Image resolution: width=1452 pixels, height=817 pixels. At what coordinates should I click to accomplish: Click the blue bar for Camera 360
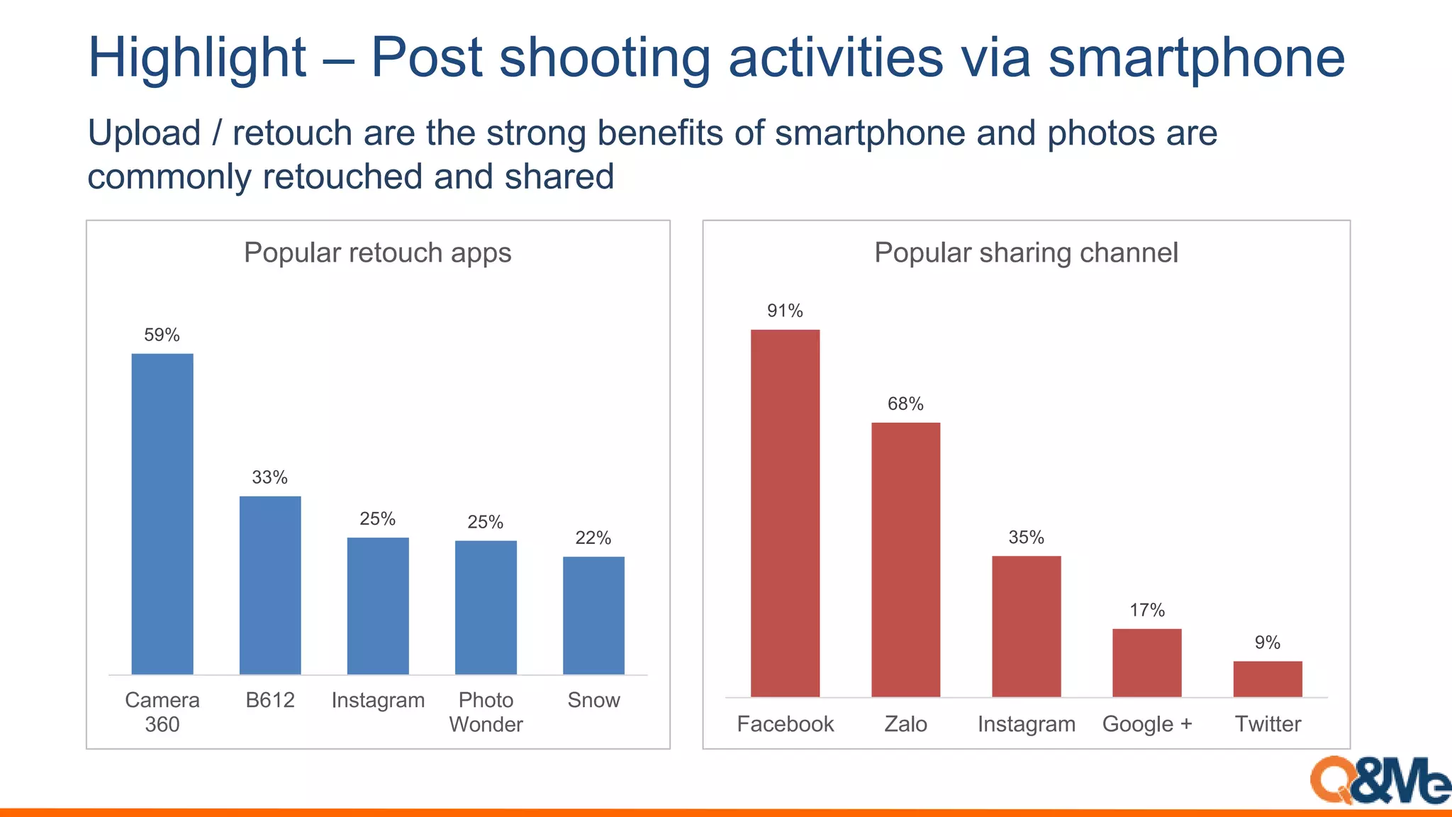162,513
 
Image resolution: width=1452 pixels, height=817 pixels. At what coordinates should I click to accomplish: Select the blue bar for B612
270,585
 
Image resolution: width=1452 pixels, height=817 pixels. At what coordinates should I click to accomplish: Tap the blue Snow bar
593,615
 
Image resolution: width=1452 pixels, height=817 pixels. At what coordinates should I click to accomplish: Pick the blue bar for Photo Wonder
486,607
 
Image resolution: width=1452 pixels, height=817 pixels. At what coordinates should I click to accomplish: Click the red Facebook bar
785,513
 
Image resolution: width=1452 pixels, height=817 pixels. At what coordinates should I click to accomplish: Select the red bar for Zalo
905,560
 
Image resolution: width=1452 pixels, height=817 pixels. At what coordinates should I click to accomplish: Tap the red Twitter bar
1268,679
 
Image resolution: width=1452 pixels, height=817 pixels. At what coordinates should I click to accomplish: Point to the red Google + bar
1147,662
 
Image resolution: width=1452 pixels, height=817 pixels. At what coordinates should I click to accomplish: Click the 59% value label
162,335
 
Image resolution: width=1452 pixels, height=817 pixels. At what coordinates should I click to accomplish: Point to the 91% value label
785,311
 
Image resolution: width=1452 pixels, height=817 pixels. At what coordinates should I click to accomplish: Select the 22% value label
593,538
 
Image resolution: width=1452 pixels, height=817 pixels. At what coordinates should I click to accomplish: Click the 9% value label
1268,643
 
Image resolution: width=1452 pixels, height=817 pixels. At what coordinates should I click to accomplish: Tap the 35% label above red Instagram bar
1026,537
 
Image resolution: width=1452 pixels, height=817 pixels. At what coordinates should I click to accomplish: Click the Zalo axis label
905,724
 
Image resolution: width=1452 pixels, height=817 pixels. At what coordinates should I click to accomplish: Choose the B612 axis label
270,700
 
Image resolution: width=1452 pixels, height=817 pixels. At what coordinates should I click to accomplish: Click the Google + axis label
1147,724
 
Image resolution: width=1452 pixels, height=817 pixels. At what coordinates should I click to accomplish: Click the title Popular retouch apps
377,252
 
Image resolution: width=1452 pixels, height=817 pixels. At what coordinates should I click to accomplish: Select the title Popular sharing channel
1026,252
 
